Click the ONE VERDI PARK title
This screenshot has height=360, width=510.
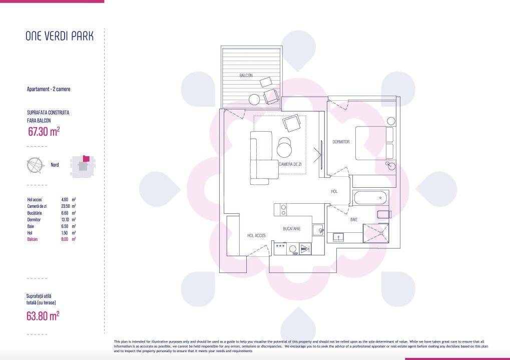point(59,36)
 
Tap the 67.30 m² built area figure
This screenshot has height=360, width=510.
point(44,132)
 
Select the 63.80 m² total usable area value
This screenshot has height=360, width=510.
point(43,316)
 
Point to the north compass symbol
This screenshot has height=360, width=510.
point(34,165)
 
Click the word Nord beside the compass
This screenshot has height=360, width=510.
point(55,165)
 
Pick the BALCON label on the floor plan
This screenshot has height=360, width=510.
point(246,76)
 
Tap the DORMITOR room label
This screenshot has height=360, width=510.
point(341,142)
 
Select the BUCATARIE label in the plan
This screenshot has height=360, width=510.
point(291,228)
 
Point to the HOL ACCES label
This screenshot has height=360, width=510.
point(256,235)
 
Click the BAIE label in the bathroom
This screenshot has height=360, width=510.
point(354,220)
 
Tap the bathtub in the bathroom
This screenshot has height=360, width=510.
point(371,198)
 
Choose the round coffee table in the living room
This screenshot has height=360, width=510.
point(285,149)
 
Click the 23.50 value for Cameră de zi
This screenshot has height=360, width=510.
point(65,206)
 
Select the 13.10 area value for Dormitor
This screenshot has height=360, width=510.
point(65,219)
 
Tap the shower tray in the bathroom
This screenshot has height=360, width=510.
point(375,232)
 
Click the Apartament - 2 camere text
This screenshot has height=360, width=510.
point(49,89)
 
